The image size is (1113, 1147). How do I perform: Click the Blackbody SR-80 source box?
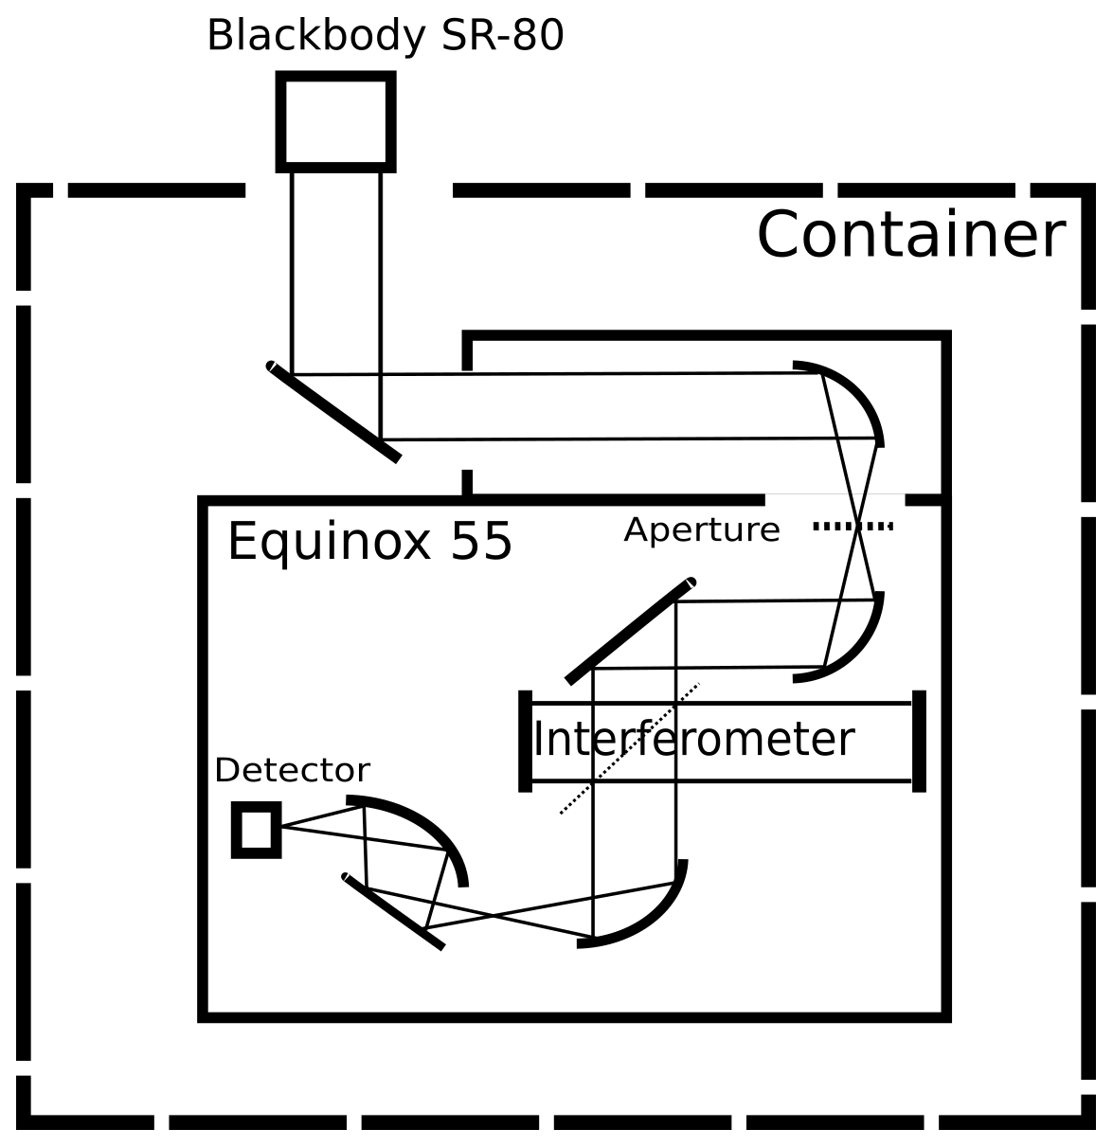point(335,122)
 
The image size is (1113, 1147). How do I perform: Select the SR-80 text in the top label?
point(503,36)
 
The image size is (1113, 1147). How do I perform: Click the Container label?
point(910,236)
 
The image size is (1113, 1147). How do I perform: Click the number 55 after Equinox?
point(481,542)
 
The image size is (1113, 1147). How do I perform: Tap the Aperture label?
point(702,529)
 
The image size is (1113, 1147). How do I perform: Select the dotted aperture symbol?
point(853,526)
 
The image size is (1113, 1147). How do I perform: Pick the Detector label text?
point(292,770)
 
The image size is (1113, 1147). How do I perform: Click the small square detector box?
point(256,830)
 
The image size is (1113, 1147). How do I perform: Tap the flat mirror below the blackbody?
point(333,412)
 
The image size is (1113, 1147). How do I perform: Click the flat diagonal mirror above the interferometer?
point(630,630)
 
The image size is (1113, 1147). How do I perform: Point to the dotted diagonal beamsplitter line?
point(630,748)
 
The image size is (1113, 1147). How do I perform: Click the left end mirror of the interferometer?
point(525,742)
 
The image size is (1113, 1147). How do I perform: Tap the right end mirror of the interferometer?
point(918,742)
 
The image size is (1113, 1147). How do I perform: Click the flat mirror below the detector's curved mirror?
point(393,912)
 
